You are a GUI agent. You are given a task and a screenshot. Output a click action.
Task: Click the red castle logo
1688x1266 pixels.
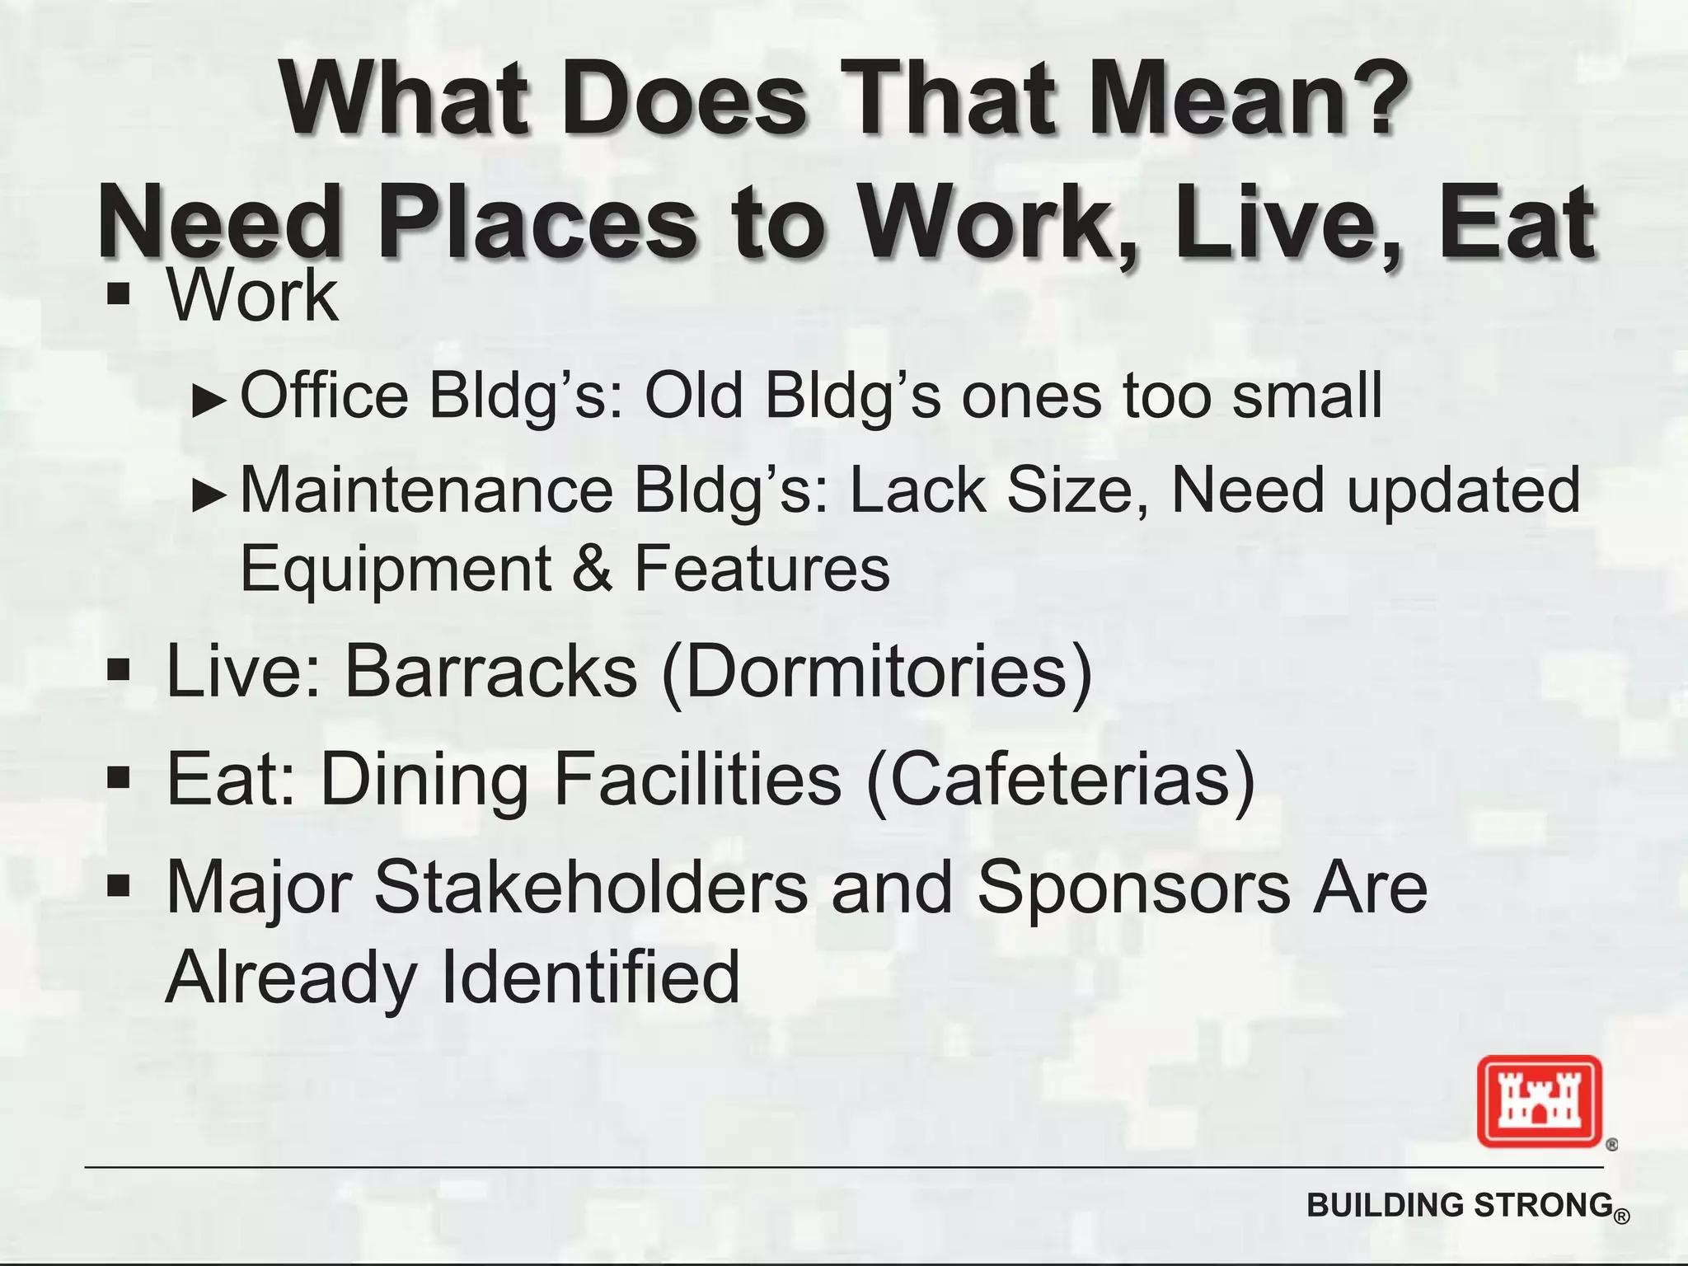[x=1539, y=1101]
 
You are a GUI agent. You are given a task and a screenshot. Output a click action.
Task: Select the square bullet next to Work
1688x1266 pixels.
[x=120, y=294]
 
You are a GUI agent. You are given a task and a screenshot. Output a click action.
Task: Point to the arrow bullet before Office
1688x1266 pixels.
[x=209, y=401]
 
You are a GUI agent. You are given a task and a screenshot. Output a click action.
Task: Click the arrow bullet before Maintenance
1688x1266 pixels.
[x=209, y=495]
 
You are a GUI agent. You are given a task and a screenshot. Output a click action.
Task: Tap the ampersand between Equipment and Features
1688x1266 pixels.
[x=592, y=569]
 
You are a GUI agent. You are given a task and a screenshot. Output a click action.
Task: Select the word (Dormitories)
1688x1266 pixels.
[x=877, y=673]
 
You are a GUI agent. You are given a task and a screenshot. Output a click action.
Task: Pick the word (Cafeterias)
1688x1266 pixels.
[x=1062, y=780]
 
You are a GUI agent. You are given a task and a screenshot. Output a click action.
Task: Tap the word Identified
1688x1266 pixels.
[x=591, y=978]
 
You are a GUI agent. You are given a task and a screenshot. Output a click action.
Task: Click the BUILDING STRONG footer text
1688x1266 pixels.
[x=1459, y=1206]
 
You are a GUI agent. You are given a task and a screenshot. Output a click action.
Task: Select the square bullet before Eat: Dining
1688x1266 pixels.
[x=120, y=777]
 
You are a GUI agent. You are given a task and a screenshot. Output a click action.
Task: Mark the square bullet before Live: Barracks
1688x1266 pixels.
[x=120, y=670]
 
